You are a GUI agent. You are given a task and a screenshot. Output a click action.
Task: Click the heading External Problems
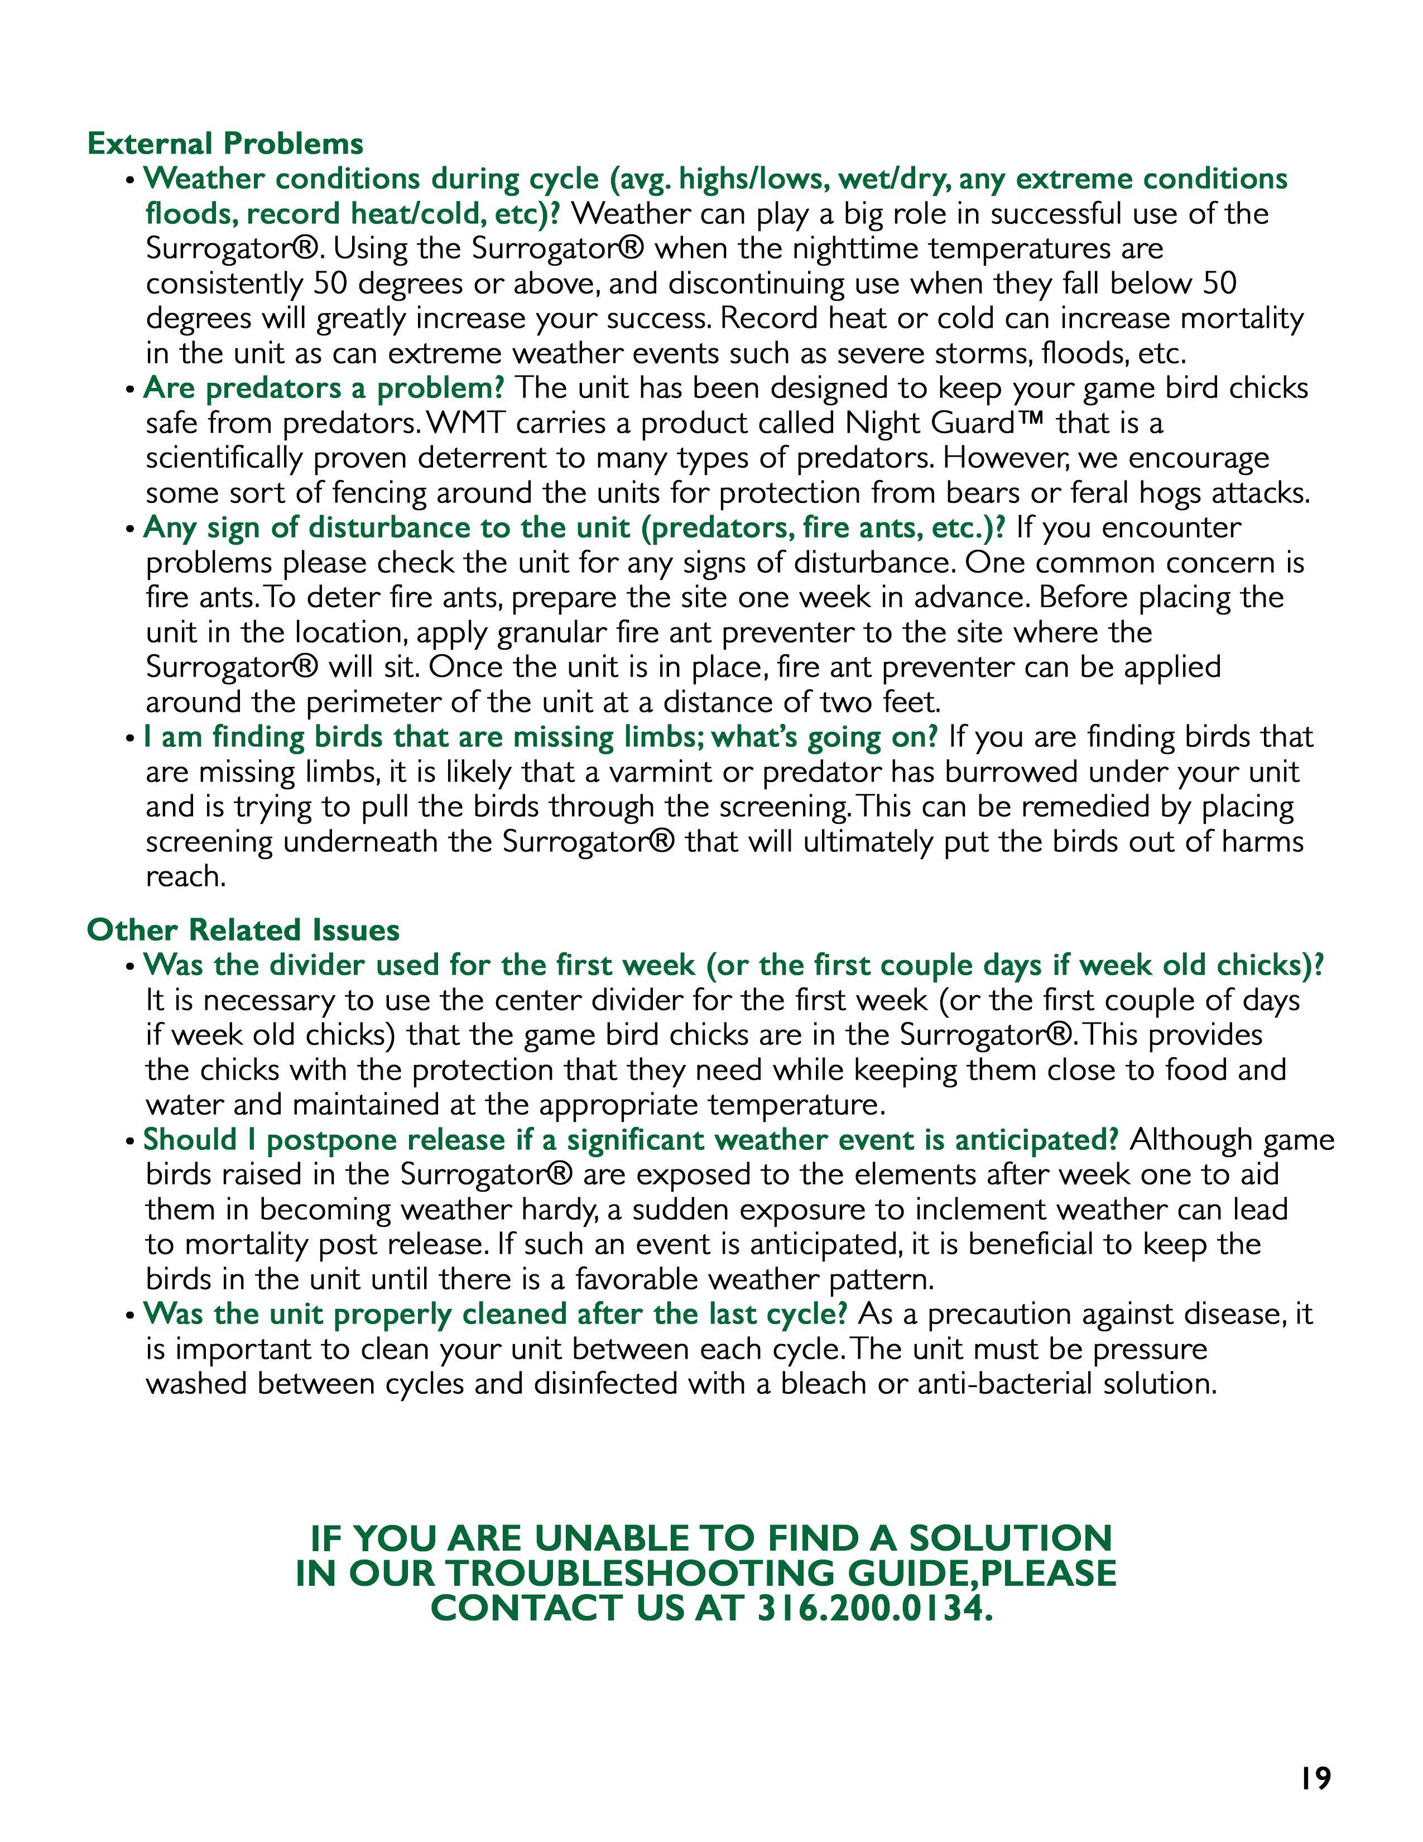tap(225, 143)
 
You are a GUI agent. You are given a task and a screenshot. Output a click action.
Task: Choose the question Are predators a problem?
tap(324, 388)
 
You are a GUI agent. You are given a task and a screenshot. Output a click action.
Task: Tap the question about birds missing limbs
tap(540, 737)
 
